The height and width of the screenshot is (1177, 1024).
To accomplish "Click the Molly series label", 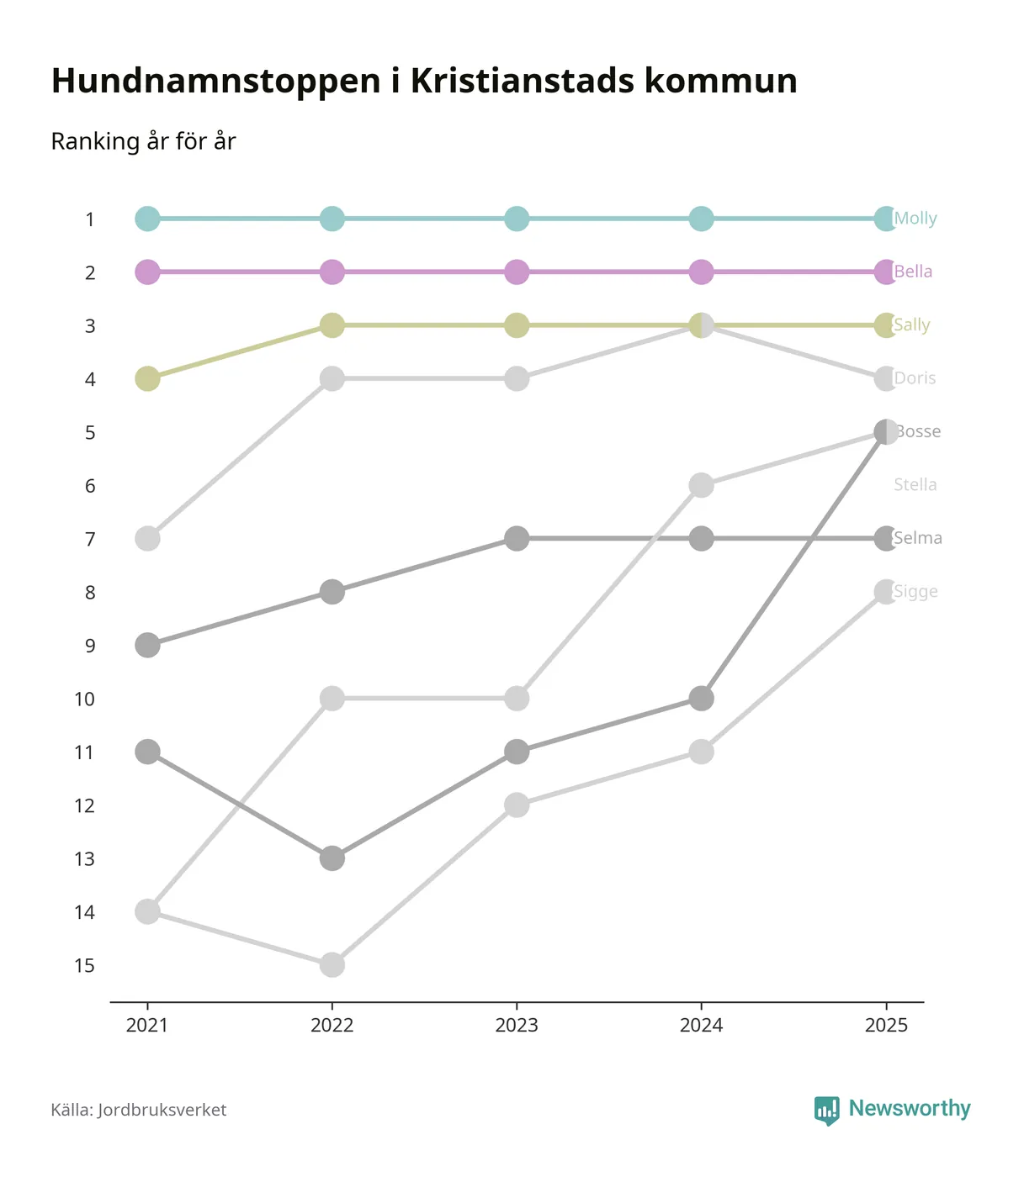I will tap(915, 219).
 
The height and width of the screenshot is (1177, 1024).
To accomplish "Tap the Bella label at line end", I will tap(913, 272).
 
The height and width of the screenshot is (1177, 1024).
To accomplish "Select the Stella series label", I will tap(915, 485).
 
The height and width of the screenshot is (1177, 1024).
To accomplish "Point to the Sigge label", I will tap(915, 592).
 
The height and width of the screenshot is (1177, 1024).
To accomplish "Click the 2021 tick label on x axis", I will tap(147, 1026).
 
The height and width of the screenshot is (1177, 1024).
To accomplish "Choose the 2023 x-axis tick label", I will tap(517, 1026).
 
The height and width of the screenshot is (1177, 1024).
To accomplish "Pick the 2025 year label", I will tap(886, 1026).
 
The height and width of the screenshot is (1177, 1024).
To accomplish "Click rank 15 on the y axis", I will tap(84, 966).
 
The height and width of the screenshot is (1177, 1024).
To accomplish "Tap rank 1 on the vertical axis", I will tap(90, 220).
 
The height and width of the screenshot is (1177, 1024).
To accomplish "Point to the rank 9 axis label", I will tap(90, 647).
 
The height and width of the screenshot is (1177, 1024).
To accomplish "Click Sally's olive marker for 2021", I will tap(147, 379).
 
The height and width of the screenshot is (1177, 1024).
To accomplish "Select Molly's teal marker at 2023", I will tap(517, 219).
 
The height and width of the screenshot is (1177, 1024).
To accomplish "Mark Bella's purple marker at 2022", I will tap(332, 272).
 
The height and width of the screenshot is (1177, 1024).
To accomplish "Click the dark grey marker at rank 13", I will tap(332, 858).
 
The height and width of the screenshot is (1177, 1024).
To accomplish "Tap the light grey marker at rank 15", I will tap(332, 965).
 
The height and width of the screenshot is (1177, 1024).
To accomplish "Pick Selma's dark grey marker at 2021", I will tap(147, 646).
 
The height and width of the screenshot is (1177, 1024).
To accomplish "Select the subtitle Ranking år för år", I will tap(143, 141).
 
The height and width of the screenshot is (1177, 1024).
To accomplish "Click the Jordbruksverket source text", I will tap(162, 1110).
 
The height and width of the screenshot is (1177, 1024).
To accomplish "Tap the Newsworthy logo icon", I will tap(826, 1110).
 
